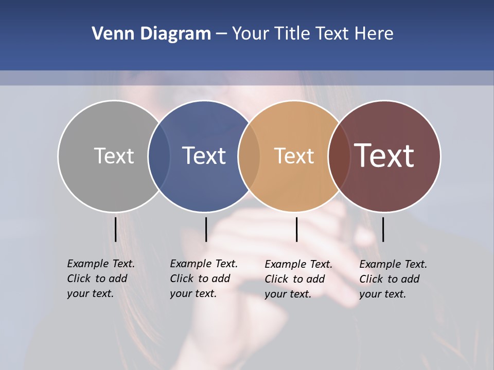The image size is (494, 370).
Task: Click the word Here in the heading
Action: point(374,34)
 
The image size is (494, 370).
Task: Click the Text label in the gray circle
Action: point(114,156)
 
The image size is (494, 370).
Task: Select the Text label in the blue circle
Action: point(204,156)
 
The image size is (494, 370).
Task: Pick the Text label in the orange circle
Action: point(294,156)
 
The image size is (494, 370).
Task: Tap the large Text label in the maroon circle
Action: point(384,156)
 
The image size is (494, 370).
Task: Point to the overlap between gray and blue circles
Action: point(159,156)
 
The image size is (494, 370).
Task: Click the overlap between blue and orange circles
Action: point(249,156)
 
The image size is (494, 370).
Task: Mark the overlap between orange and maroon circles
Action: point(339,156)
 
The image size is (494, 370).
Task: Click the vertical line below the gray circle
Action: point(115,229)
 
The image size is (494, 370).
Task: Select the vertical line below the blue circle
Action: point(206,229)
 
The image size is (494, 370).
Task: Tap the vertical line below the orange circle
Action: point(296,229)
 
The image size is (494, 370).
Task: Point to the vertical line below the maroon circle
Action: point(383,229)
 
